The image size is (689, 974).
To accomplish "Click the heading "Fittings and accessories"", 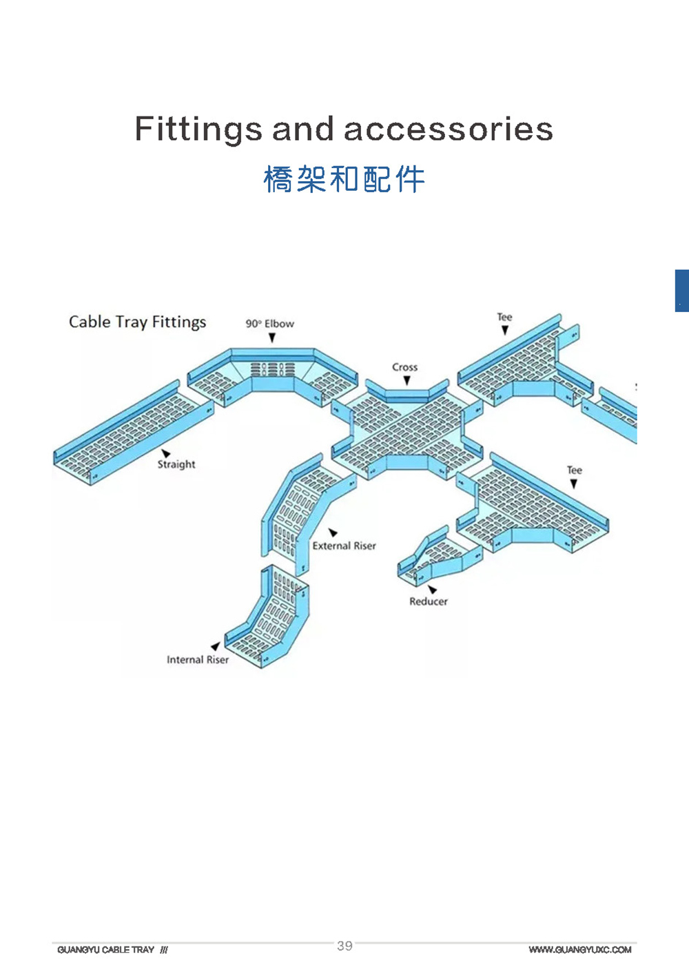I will (x=344, y=129).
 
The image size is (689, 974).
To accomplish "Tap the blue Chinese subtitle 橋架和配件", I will (x=344, y=179).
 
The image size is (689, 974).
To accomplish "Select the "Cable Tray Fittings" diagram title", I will (x=137, y=322).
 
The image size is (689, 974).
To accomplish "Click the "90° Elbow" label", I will (x=269, y=324).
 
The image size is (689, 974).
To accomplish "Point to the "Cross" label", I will (x=405, y=367).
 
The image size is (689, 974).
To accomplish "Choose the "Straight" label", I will (x=176, y=464).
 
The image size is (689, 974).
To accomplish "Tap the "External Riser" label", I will (x=344, y=546).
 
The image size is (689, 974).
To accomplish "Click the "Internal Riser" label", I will (x=198, y=659).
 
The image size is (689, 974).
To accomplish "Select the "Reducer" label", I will (x=428, y=601).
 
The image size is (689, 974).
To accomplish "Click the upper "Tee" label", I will (x=504, y=317).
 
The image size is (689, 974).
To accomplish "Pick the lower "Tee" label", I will (x=574, y=470).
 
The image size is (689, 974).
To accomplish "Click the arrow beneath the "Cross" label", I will (x=407, y=380).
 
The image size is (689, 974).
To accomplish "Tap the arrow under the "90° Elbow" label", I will (x=272, y=338).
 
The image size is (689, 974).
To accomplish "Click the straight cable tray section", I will (x=131, y=434).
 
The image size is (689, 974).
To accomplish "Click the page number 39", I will (x=344, y=946).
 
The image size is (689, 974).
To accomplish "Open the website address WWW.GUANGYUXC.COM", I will (x=579, y=950).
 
